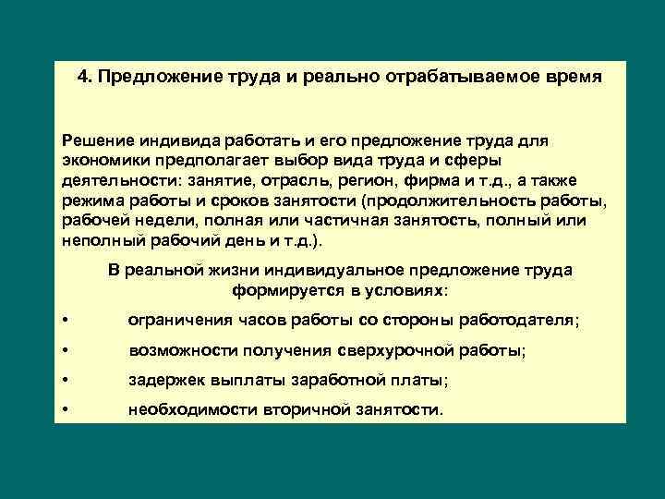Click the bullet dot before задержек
[65, 381]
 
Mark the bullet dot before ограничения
[65, 321]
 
